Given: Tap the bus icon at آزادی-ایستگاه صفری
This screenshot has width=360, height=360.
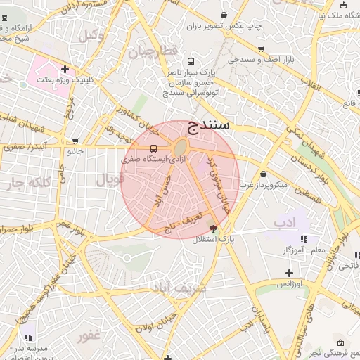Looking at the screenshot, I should pos(153,148).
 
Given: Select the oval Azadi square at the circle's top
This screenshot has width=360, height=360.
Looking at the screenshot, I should pos(181,148).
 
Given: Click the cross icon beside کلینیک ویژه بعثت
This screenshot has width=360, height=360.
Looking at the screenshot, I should pos(65,69).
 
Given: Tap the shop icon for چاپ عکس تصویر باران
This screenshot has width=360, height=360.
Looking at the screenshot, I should pos(224,15).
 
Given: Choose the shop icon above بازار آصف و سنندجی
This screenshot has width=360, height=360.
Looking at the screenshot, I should pos(261,49).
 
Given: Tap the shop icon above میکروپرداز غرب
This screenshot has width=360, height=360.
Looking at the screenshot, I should pos(263,174).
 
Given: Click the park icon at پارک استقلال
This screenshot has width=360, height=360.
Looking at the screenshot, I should pos(214,228).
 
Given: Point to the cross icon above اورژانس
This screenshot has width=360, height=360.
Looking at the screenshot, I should pos(288,273).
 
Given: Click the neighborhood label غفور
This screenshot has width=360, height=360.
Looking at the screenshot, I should pos(90,335).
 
